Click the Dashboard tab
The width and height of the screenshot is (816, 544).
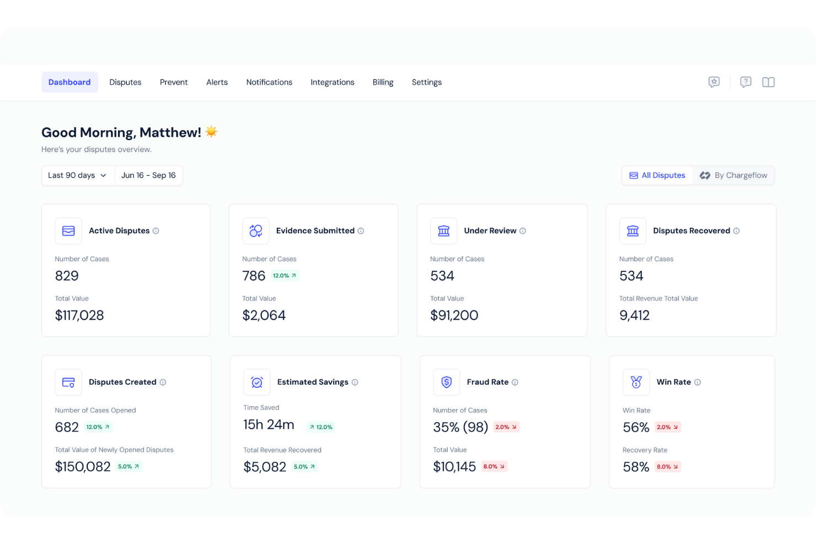(69, 82)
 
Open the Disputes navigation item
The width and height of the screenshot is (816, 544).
(125, 82)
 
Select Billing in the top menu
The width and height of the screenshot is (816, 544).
(383, 82)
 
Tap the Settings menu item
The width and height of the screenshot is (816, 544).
(426, 82)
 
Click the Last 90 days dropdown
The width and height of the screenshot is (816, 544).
(78, 175)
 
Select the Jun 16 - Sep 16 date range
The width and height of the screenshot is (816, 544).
(148, 175)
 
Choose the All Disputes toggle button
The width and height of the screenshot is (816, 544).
(657, 175)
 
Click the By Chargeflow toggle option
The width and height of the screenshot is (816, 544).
(733, 175)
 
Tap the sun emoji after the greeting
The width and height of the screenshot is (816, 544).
(211, 132)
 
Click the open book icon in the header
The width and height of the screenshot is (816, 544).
(768, 82)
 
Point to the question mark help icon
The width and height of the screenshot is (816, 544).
(745, 82)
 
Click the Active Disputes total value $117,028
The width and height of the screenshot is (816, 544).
(79, 315)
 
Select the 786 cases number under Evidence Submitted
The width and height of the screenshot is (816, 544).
(254, 276)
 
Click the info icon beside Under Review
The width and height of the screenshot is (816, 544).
(523, 231)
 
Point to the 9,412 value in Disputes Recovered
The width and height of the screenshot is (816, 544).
(634, 315)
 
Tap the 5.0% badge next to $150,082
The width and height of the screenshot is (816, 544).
(128, 466)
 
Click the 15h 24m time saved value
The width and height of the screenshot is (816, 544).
(269, 424)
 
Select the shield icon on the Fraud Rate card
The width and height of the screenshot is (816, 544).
(447, 382)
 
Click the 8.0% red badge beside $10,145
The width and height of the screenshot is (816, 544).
(494, 466)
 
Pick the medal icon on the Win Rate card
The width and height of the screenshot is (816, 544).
(636, 382)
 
